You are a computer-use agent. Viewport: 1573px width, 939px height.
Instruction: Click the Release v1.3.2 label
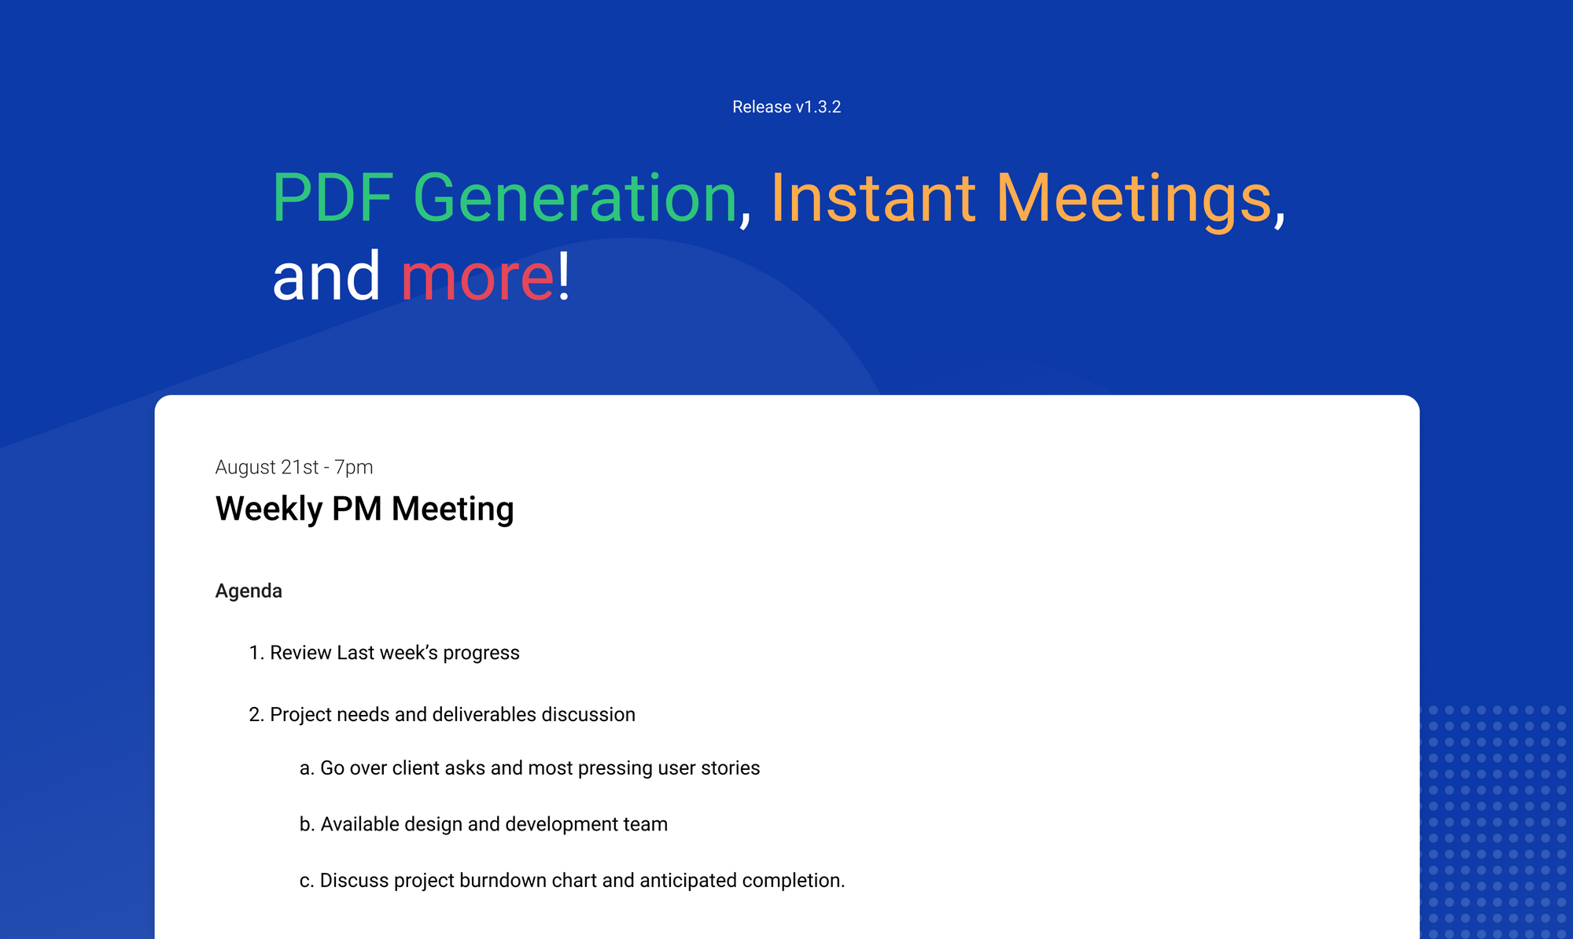coord(786,107)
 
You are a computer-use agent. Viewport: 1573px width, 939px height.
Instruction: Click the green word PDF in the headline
coord(332,198)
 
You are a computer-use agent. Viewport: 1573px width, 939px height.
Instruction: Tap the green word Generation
coord(574,198)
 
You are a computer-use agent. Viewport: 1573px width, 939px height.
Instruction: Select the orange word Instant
coord(872,198)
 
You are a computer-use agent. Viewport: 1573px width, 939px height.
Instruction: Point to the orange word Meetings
coord(1133,200)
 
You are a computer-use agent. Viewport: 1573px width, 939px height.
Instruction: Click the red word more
coord(477,278)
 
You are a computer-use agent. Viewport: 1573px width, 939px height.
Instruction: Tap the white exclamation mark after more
coord(563,276)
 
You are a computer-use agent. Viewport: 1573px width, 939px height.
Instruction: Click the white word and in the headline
coord(326,276)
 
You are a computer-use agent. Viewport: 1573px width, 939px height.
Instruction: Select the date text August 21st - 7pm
coord(293,467)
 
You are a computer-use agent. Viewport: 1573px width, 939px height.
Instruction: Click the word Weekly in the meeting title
coord(268,510)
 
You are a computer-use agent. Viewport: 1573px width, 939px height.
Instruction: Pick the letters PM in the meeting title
coord(356,509)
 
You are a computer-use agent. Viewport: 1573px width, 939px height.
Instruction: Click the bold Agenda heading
coord(249,591)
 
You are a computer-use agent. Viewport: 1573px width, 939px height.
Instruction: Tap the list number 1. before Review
coord(256,653)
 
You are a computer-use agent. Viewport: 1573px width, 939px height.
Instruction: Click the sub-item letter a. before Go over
coord(307,768)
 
